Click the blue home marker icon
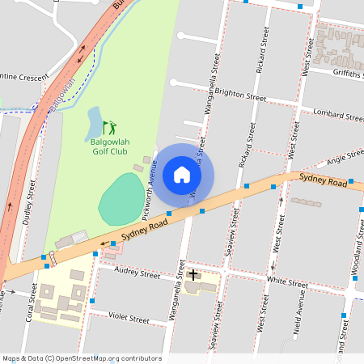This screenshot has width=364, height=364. [x=182, y=175]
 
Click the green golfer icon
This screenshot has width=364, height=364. [x=109, y=127]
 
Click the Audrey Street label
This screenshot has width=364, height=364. [x=138, y=273]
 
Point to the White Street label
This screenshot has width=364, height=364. [x=287, y=282]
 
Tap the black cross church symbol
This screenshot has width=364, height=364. [x=193, y=275]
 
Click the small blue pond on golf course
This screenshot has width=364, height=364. [x=93, y=121]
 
